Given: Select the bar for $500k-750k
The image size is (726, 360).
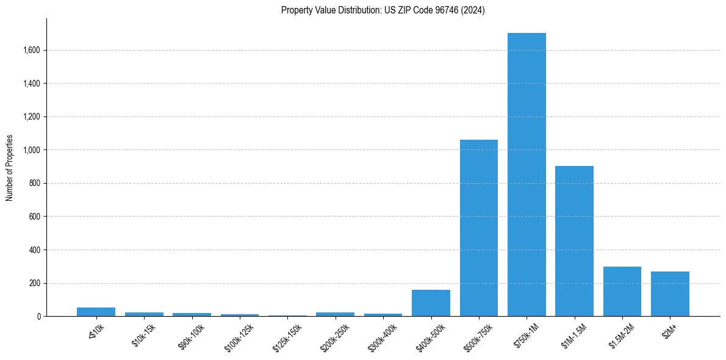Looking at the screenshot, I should pyautogui.click(x=479, y=228).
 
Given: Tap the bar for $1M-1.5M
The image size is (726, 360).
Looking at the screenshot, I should pyautogui.click(x=574, y=241).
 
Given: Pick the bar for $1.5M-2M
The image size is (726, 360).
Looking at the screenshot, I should pyautogui.click(x=622, y=292).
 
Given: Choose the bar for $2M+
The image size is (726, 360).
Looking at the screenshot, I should pyautogui.click(x=670, y=294).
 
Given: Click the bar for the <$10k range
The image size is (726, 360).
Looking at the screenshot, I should pyautogui.click(x=96, y=312).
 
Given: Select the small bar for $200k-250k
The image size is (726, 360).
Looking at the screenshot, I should pyautogui.click(x=335, y=314).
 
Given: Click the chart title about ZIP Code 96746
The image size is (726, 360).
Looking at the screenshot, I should pyautogui.click(x=383, y=10).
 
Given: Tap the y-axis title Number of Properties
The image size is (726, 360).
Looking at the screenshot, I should pyautogui.click(x=10, y=168).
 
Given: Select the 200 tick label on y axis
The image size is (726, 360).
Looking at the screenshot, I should pyautogui.click(x=34, y=283).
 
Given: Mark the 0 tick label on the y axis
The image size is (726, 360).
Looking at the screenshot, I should pyautogui.click(x=38, y=317).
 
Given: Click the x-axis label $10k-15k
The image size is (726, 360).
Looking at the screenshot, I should pyautogui.click(x=144, y=334).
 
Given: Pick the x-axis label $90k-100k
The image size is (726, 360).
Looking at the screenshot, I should pyautogui.click(x=191, y=336).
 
